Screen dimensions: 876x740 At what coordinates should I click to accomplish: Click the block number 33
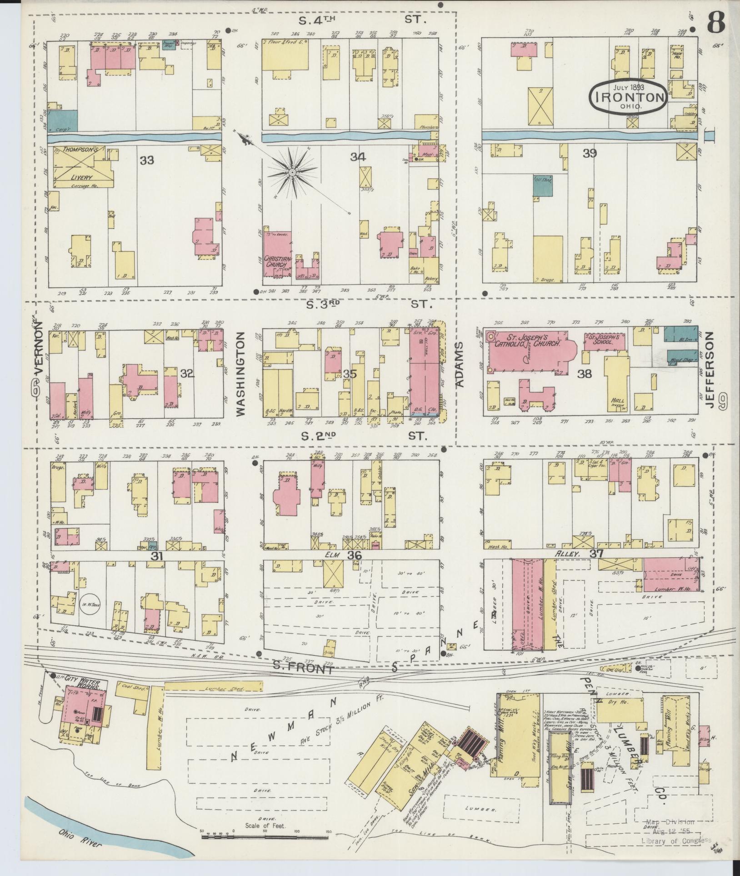[147, 160]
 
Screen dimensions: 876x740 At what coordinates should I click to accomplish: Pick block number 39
[590, 154]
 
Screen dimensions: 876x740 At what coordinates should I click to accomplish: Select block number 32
[187, 374]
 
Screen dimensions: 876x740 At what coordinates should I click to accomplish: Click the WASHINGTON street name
[240, 374]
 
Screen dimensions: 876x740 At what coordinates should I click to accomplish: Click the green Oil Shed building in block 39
[542, 185]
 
